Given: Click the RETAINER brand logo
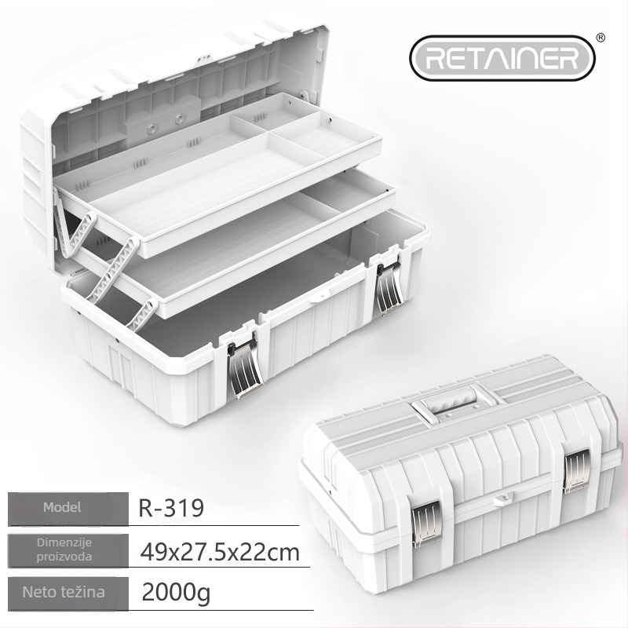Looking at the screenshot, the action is click(502, 58).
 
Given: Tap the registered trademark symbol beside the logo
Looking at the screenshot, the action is click(601, 38).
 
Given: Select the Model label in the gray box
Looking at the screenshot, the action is click(62, 507).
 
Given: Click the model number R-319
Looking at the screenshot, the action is click(171, 508).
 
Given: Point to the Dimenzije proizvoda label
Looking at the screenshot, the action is click(64, 549).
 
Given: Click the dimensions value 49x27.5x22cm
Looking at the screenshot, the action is click(220, 553).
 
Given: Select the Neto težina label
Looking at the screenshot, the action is click(64, 593).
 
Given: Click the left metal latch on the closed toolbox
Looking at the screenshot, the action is click(426, 524).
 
